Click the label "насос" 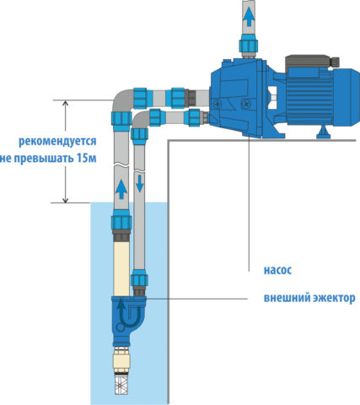(277, 270)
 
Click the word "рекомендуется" (57, 142)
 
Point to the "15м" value (87, 158)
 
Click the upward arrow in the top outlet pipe (249, 17)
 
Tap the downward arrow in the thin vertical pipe (139, 182)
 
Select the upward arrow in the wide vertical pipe (121, 190)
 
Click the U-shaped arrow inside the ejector (128, 314)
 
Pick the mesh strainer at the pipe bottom (121, 385)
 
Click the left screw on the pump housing (218, 105)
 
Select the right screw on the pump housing (245, 104)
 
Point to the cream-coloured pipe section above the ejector (121, 268)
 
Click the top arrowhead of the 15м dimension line (65, 103)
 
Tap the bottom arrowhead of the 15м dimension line (65, 200)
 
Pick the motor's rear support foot (323, 132)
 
